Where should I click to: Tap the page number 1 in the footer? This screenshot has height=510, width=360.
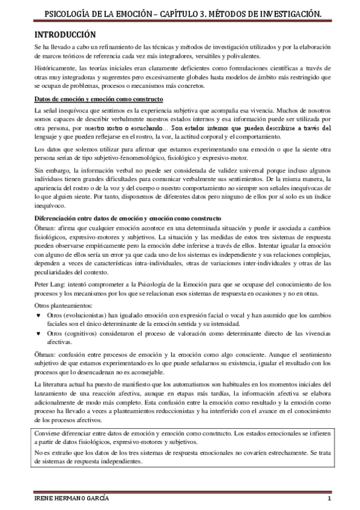[x=329, y=500]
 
